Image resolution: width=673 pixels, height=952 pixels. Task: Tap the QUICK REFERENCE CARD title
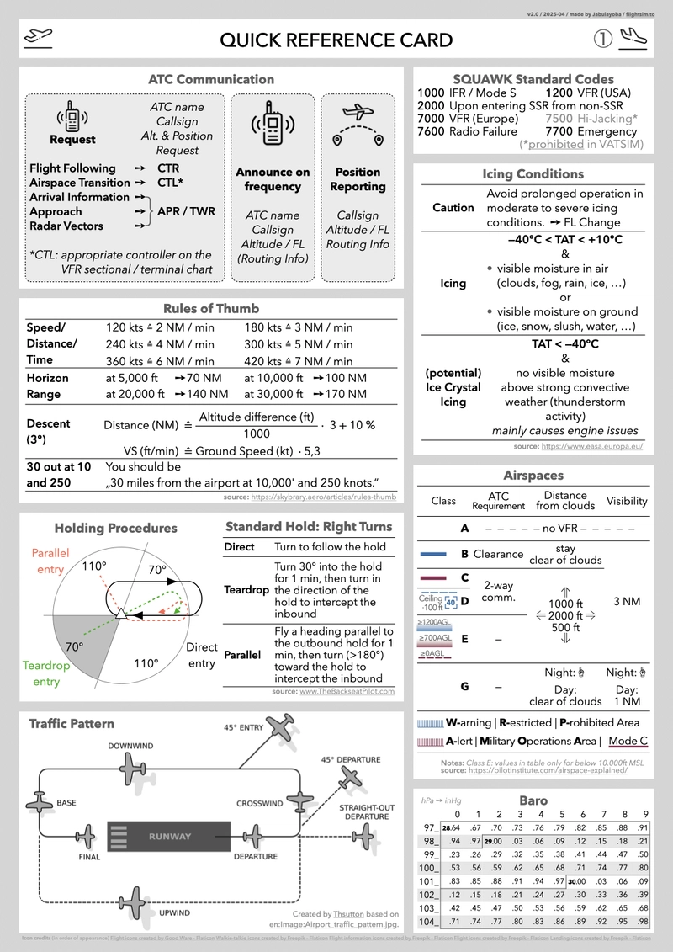coord(336,40)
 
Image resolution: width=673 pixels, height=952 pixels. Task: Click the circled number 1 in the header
coord(602,40)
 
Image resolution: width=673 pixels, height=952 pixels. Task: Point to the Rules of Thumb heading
coord(211,308)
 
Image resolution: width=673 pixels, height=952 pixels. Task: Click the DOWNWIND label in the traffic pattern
coord(130,746)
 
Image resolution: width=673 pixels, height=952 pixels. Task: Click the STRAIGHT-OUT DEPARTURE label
coord(366,811)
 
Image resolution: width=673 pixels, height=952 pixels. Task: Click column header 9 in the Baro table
coord(644,814)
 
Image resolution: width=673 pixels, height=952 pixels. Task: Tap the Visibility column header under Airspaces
coord(627,501)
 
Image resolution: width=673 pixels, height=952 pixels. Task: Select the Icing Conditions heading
coord(533,173)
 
